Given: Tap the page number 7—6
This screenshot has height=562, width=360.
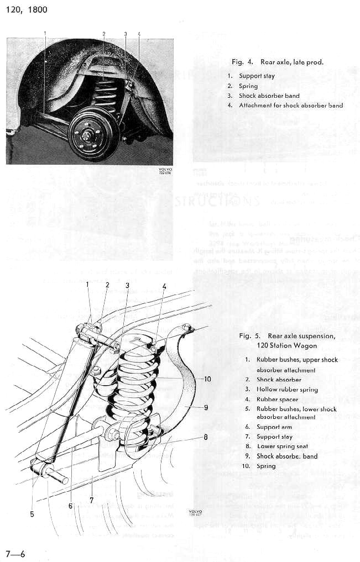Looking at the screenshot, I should pos(15,553).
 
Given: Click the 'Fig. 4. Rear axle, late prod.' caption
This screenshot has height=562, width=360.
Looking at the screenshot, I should pos(276,62).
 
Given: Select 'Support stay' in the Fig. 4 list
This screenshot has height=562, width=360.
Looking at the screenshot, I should pos(257,76).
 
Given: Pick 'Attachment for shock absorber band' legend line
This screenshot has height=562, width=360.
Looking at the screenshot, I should pos(291,105).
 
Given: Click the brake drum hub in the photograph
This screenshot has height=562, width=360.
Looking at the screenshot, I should pos(88,133).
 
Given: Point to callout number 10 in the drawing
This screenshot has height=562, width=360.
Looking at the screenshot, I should pos(207,379).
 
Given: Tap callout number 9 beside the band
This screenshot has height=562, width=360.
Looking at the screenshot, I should pos(206,408).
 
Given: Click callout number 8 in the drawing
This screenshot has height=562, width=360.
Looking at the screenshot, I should pos(205,437).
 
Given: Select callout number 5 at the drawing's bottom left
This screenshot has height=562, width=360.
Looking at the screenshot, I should pos(32,514).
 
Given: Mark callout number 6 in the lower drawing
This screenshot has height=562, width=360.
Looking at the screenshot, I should pos(71,504).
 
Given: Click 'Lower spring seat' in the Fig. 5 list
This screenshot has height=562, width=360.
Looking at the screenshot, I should pos(283,446).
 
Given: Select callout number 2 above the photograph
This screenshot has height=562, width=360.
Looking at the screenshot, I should pos(104,34).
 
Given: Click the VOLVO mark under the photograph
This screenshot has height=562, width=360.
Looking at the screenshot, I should pos(165,170).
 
